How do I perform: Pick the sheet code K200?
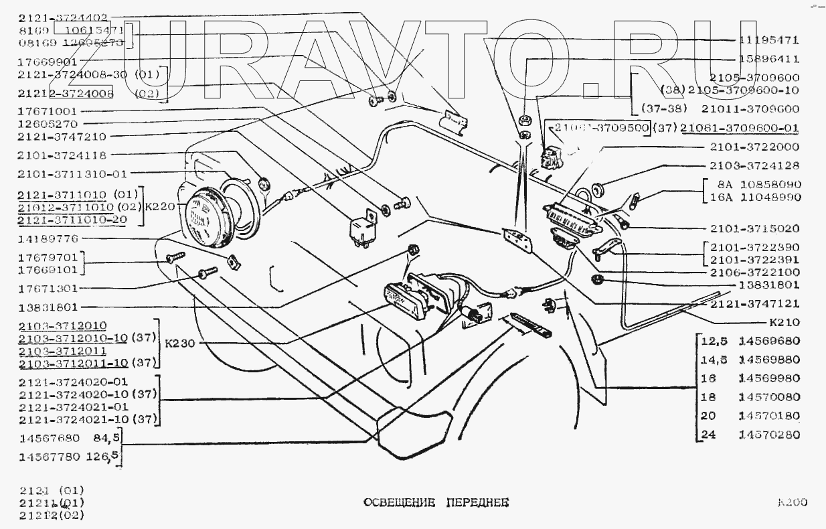click(x=792, y=502)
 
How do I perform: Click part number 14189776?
click(x=48, y=238)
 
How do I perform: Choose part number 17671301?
click(x=48, y=289)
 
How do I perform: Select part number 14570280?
click(x=769, y=435)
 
